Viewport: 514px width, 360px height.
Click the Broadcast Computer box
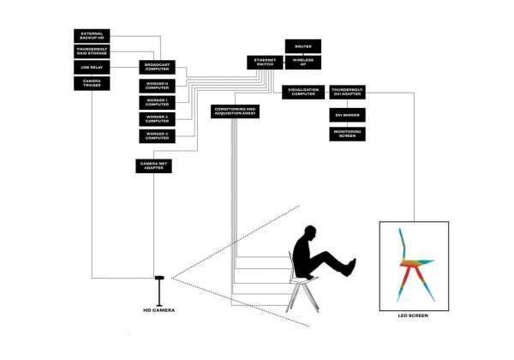coord(155,67)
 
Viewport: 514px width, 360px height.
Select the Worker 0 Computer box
coord(155,86)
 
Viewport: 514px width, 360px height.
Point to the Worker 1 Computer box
coord(155,102)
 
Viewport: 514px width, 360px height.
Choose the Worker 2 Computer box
coord(155,119)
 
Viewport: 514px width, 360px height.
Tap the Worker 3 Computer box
coord(155,135)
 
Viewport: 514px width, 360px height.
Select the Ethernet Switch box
coord(263,62)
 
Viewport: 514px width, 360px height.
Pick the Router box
coord(302,45)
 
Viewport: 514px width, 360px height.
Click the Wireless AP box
coord(302,62)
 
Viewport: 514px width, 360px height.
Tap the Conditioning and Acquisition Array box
coord(235,111)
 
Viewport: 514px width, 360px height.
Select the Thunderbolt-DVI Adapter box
coord(348,93)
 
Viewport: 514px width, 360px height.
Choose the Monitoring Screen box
coord(348,134)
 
